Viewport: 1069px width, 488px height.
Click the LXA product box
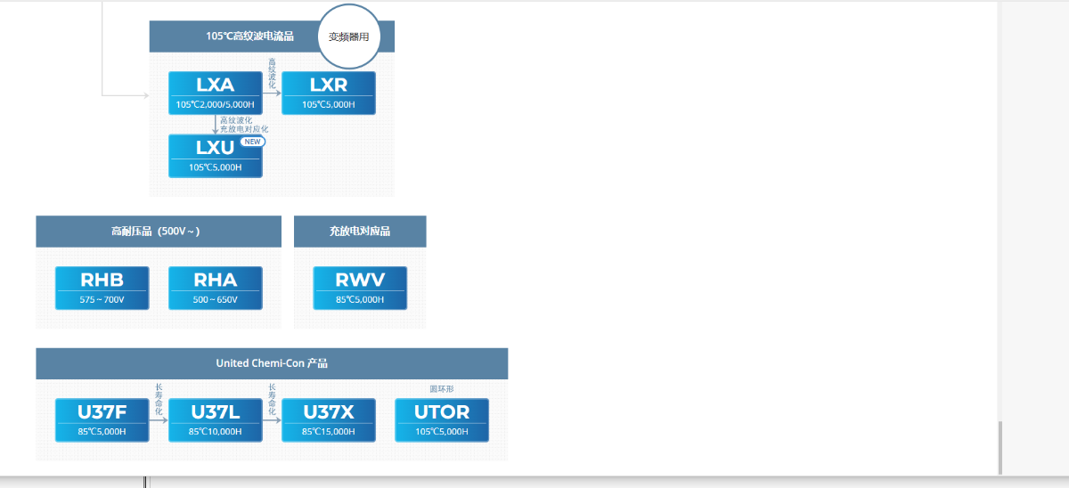[215, 93]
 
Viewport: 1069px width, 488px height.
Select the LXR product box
[328, 93]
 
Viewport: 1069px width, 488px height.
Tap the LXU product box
[215, 156]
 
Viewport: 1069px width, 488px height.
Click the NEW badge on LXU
[253, 142]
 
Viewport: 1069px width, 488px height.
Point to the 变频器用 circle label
[348, 37]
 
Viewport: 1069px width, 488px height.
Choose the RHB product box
[102, 288]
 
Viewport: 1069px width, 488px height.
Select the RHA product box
[215, 288]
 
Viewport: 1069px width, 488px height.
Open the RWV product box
[360, 288]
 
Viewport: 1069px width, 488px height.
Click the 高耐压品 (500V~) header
[158, 232]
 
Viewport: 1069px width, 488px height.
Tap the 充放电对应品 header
[360, 232]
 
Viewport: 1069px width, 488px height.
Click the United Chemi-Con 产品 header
[272, 363]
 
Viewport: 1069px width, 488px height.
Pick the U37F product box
[102, 420]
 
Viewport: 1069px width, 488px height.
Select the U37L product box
[215, 420]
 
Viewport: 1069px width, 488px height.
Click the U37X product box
[328, 420]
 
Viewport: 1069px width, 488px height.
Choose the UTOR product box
[442, 420]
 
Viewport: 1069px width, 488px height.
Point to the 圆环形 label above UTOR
[442, 389]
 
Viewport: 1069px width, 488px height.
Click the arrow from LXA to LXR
[272, 93]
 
